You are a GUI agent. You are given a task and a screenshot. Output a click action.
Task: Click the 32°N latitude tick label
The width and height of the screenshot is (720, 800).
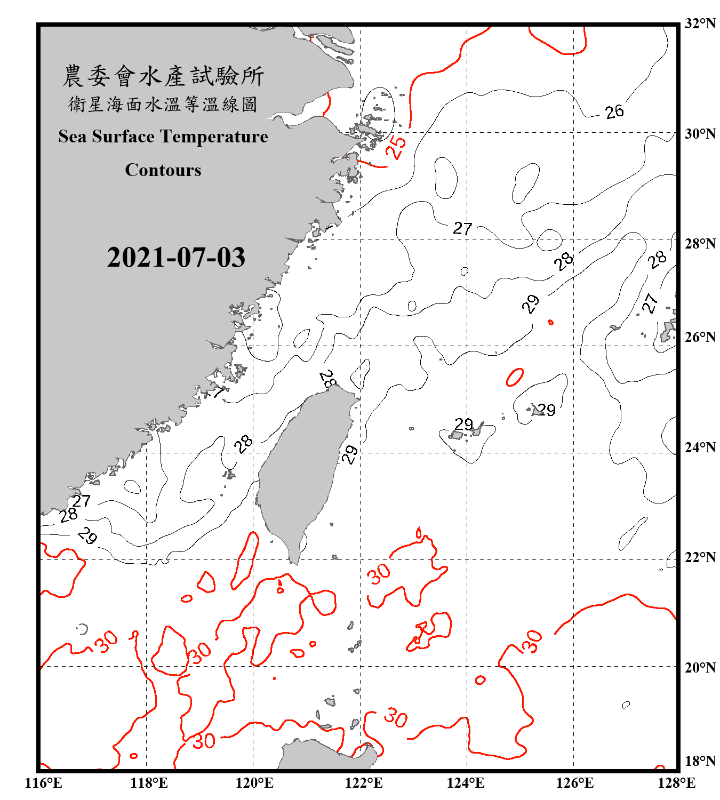(x=700, y=23)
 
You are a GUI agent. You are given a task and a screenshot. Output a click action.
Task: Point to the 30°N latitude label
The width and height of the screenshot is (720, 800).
(x=700, y=134)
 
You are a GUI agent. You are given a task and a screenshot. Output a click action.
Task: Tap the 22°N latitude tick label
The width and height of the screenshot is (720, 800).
(x=700, y=557)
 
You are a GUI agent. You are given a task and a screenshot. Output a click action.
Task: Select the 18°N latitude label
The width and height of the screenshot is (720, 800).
(x=700, y=761)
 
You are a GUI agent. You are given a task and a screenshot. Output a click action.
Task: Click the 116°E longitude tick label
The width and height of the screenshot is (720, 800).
(x=44, y=783)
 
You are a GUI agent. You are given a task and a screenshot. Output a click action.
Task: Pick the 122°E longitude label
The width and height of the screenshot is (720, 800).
(x=364, y=783)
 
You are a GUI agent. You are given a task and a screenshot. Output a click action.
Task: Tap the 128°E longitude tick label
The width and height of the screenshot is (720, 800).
(x=676, y=783)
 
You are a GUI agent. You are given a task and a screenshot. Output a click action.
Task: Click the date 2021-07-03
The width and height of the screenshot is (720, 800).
(x=176, y=258)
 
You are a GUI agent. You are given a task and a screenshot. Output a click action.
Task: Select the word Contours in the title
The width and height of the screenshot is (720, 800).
(x=163, y=170)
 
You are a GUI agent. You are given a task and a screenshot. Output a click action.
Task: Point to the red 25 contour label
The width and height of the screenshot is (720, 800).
(x=396, y=147)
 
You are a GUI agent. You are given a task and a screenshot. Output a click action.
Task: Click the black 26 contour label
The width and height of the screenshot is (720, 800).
(x=614, y=111)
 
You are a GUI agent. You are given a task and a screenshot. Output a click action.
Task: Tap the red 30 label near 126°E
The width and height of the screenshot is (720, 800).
(x=531, y=642)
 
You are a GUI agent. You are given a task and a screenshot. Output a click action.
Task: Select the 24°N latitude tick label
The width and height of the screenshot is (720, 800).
(x=700, y=447)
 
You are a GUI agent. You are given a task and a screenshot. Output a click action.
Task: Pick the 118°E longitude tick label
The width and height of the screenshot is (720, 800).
(x=149, y=783)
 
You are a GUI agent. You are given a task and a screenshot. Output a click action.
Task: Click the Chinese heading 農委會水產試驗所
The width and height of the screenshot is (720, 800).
(x=163, y=76)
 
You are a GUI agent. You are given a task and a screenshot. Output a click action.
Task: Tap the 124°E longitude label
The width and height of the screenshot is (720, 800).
(x=466, y=783)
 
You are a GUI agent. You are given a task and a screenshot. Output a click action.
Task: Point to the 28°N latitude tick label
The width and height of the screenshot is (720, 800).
(x=700, y=244)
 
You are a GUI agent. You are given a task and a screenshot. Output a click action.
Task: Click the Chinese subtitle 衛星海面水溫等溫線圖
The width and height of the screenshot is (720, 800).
(x=163, y=105)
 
